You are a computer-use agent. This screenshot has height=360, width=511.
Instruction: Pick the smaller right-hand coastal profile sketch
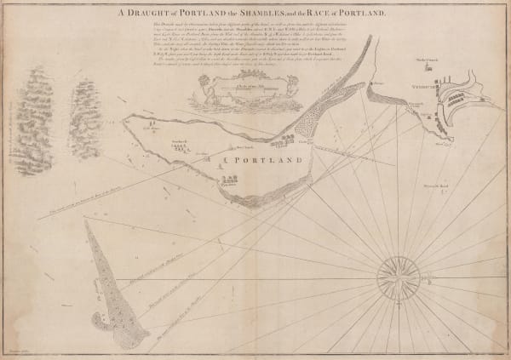(84, 117)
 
